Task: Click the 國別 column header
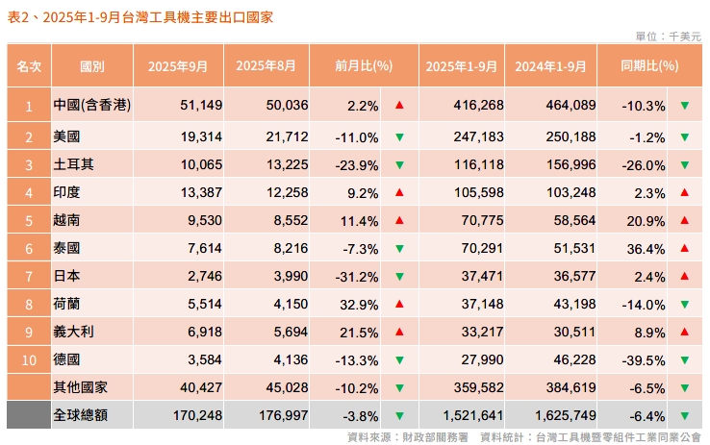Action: (x=92, y=66)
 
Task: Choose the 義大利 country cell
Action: (x=73, y=332)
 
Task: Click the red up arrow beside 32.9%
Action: (x=399, y=304)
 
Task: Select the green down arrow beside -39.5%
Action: (x=684, y=359)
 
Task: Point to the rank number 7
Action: (x=29, y=276)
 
